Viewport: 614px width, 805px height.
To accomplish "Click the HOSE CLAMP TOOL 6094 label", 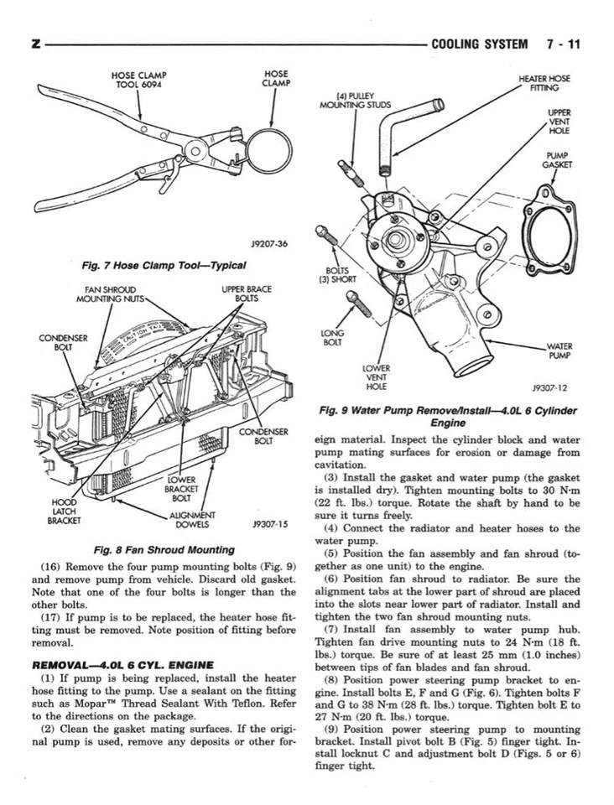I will coord(140,80).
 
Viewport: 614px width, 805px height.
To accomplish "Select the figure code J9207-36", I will coord(269,243).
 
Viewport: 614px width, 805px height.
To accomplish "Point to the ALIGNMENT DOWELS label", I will coord(192,521).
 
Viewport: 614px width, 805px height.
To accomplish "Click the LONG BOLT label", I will coord(332,338).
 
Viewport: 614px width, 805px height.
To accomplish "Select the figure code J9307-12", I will coord(549,388).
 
